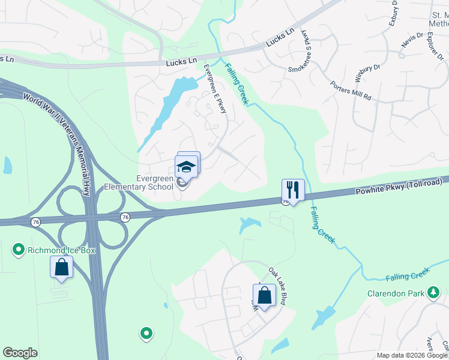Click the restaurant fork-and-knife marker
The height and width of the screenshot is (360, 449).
coord(293,190)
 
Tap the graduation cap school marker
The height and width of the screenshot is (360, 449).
coord(186,166)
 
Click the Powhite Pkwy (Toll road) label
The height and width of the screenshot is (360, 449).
coord(399,188)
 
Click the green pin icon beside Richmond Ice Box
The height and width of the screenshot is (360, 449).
coord(19,249)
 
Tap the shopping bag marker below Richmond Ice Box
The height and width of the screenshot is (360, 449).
coord(62,268)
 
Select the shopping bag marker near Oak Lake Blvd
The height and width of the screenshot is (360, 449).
coord(264,295)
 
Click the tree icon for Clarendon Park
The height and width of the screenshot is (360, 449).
coord(433,293)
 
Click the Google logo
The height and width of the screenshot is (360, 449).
coord(20,353)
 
